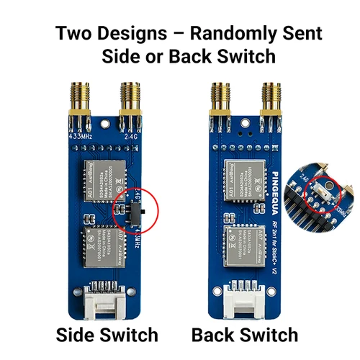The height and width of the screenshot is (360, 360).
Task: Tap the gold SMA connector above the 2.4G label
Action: click(x=130, y=101)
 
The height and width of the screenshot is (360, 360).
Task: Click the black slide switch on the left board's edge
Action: click(x=143, y=214)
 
